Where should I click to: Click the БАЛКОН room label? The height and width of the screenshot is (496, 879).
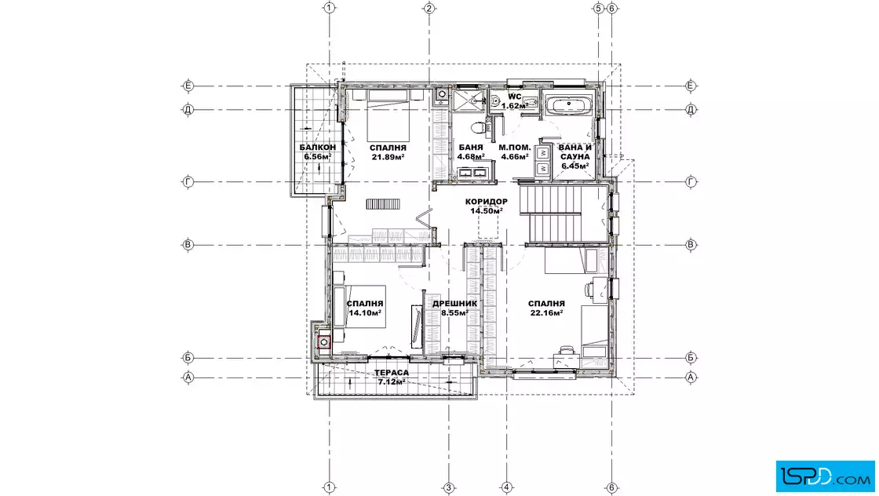coord(317,148)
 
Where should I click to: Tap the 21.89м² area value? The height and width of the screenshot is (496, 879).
coord(388,157)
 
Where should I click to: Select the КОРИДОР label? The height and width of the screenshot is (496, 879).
coord(487,202)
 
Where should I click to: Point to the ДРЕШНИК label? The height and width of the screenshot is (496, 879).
coord(454,304)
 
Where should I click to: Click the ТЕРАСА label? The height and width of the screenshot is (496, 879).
coord(392,373)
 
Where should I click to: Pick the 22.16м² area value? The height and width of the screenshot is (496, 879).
coord(546,312)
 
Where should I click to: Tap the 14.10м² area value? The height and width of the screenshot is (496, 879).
coord(365,312)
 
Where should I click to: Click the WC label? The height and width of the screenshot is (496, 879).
coord(515,97)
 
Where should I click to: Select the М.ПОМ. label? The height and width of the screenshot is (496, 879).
coord(515,148)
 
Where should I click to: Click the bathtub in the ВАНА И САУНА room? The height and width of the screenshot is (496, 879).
coord(568,105)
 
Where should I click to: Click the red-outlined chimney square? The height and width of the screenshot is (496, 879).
coord(324,342)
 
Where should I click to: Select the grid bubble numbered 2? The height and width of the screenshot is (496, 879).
coord(429,8)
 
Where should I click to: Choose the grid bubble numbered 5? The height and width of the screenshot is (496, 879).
coord(598,8)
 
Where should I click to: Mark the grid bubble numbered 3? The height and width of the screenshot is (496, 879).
coord(448,487)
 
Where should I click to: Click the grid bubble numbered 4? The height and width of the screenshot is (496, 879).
coord(506,487)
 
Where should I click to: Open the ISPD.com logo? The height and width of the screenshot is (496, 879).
coord(825,476)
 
